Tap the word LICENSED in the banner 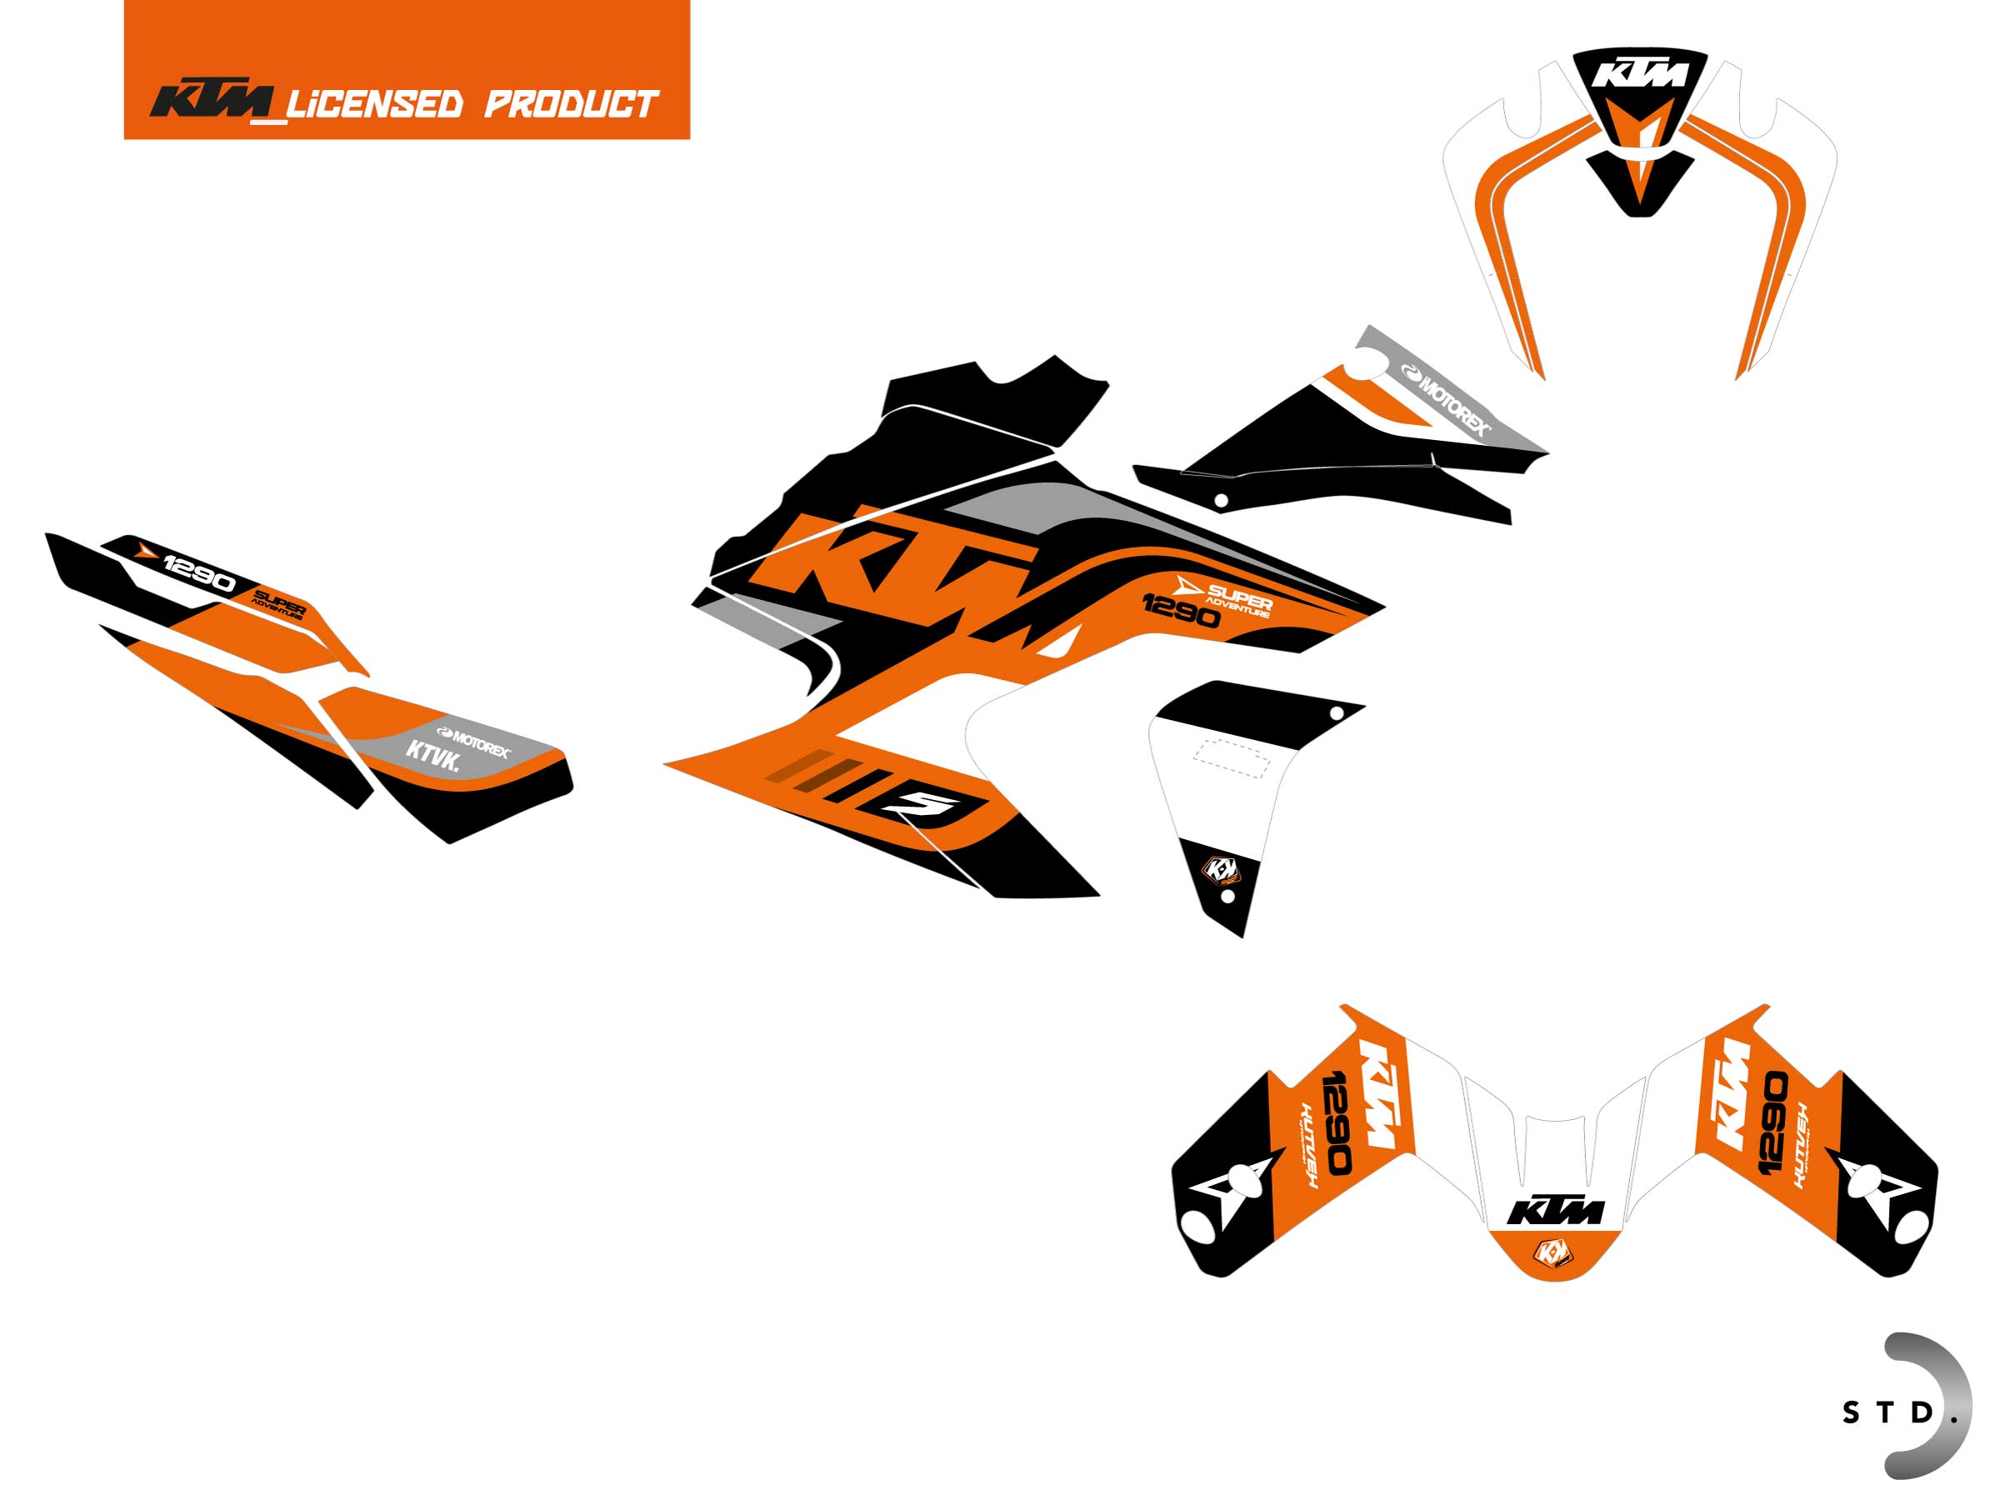point(374,104)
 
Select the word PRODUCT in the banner point(572,104)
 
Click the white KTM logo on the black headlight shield point(1639,72)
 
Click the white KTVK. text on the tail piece point(433,756)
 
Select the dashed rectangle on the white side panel point(1232,757)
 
